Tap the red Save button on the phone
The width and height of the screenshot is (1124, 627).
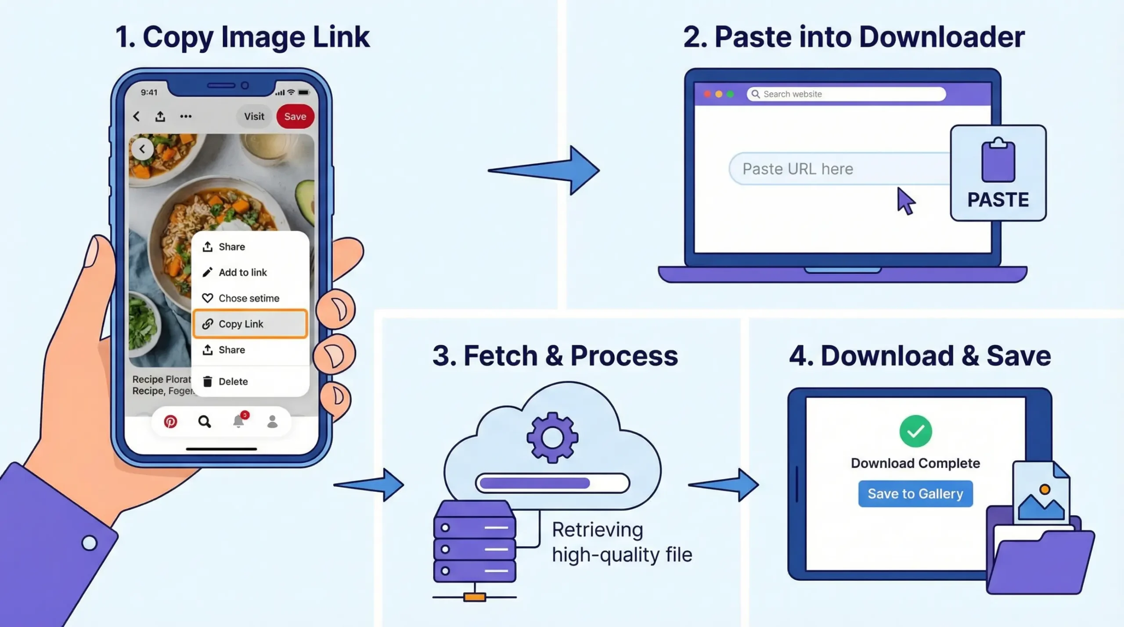pyautogui.click(x=295, y=117)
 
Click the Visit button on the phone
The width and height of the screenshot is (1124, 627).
pyautogui.click(x=254, y=117)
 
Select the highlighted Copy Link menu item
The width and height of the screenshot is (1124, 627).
pyautogui.click(x=250, y=324)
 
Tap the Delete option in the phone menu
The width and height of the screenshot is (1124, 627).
pyautogui.click(x=233, y=382)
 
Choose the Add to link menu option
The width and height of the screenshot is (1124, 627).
pyautogui.click(x=242, y=272)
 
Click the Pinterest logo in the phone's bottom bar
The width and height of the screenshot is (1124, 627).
pyautogui.click(x=170, y=422)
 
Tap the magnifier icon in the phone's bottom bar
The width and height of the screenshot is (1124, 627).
pyautogui.click(x=204, y=422)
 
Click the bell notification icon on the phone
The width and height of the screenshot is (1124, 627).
pyautogui.click(x=238, y=421)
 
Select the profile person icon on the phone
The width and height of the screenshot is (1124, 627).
pyautogui.click(x=272, y=422)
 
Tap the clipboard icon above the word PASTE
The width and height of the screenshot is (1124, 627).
pyautogui.click(x=998, y=160)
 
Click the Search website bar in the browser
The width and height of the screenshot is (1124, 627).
pyautogui.click(x=846, y=94)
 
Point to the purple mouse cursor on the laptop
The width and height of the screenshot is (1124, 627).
pyautogui.click(x=905, y=201)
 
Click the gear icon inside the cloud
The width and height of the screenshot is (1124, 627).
pyautogui.click(x=552, y=437)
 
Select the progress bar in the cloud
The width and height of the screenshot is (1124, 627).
pyautogui.click(x=552, y=483)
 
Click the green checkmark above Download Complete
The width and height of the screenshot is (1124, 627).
pyautogui.click(x=915, y=431)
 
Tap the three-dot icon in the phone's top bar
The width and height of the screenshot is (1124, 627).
pyautogui.click(x=186, y=117)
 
